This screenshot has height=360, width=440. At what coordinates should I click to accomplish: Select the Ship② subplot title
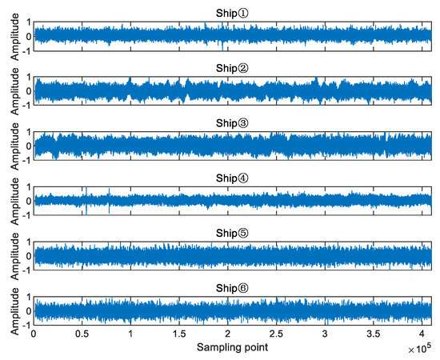pos(232,67)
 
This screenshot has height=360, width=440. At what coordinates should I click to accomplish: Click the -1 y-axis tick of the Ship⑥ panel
pos(26,326)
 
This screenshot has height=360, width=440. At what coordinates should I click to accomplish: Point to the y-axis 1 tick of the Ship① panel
pos(28,23)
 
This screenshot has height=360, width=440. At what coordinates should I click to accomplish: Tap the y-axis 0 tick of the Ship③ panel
pos(28,146)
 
